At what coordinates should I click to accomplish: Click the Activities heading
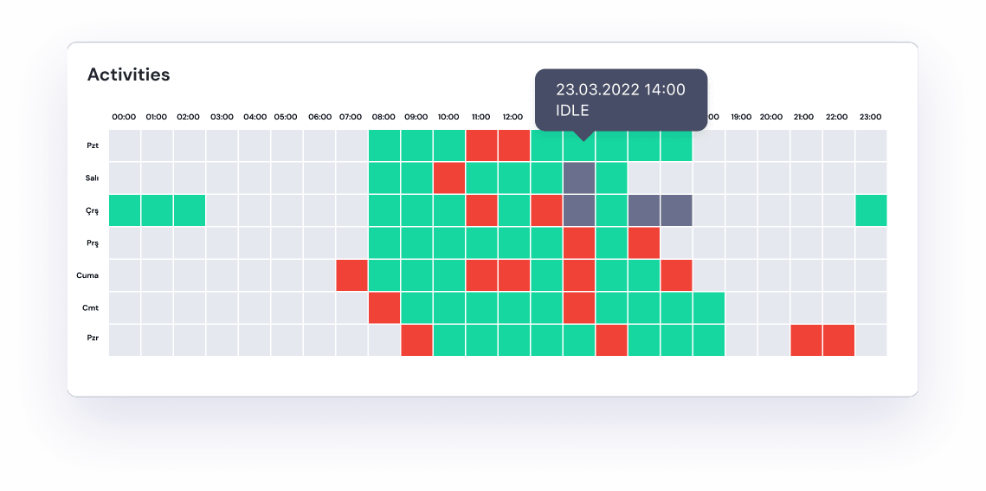click(129, 74)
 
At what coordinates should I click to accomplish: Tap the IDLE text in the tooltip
click(572, 110)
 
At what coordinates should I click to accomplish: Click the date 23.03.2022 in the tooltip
click(598, 89)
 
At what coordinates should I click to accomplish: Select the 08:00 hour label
click(383, 117)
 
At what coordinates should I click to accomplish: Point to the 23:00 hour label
click(870, 117)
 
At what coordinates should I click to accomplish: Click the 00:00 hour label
click(125, 117)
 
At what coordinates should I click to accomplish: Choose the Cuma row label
click(87, 275)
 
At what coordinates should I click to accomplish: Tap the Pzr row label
click(91, 339)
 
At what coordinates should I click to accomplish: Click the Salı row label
click(91, 178)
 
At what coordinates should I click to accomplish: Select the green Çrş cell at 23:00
click(871, 210)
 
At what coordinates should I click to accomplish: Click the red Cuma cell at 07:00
click(351, 275)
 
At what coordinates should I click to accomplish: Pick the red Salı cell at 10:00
click(449, 178)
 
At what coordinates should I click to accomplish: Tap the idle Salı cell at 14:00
click(579, 178)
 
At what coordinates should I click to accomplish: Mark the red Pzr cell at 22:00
click(839, 339)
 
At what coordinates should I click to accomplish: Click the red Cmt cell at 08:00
click(384, 307)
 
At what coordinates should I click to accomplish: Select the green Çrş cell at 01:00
click(157, 210)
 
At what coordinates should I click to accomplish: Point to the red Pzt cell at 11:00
click(481, 145)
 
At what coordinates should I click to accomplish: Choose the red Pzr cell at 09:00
click(416, 339)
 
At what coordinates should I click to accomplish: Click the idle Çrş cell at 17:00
click(676, 210)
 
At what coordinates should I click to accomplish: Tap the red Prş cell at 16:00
click(644, 242)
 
